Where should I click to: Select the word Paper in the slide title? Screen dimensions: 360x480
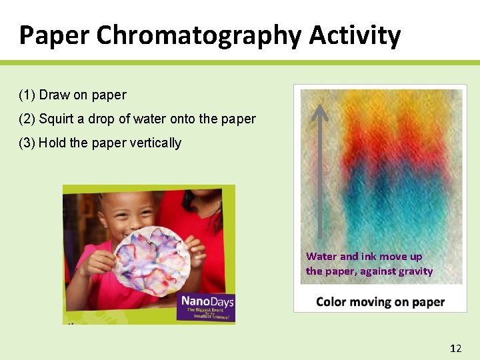[x=54, y=35]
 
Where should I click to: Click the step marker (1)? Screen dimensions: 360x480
[x=27, y=95]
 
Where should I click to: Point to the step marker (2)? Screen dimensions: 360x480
[x=27, y=119]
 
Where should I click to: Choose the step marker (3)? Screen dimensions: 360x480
[x=27, y=143]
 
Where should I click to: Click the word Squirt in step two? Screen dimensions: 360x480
[x=55, y=119]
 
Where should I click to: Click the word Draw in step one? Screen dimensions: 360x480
[x=54, y=95]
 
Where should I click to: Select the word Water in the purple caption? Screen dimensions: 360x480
[x=321, y=257]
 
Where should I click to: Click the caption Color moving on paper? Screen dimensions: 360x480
[x=380, y=302]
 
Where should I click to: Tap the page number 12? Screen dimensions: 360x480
[x=456, y=349]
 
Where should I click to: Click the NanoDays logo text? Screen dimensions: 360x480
[x=207, y=302]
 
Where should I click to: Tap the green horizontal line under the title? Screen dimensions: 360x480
[x=240, y=63]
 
